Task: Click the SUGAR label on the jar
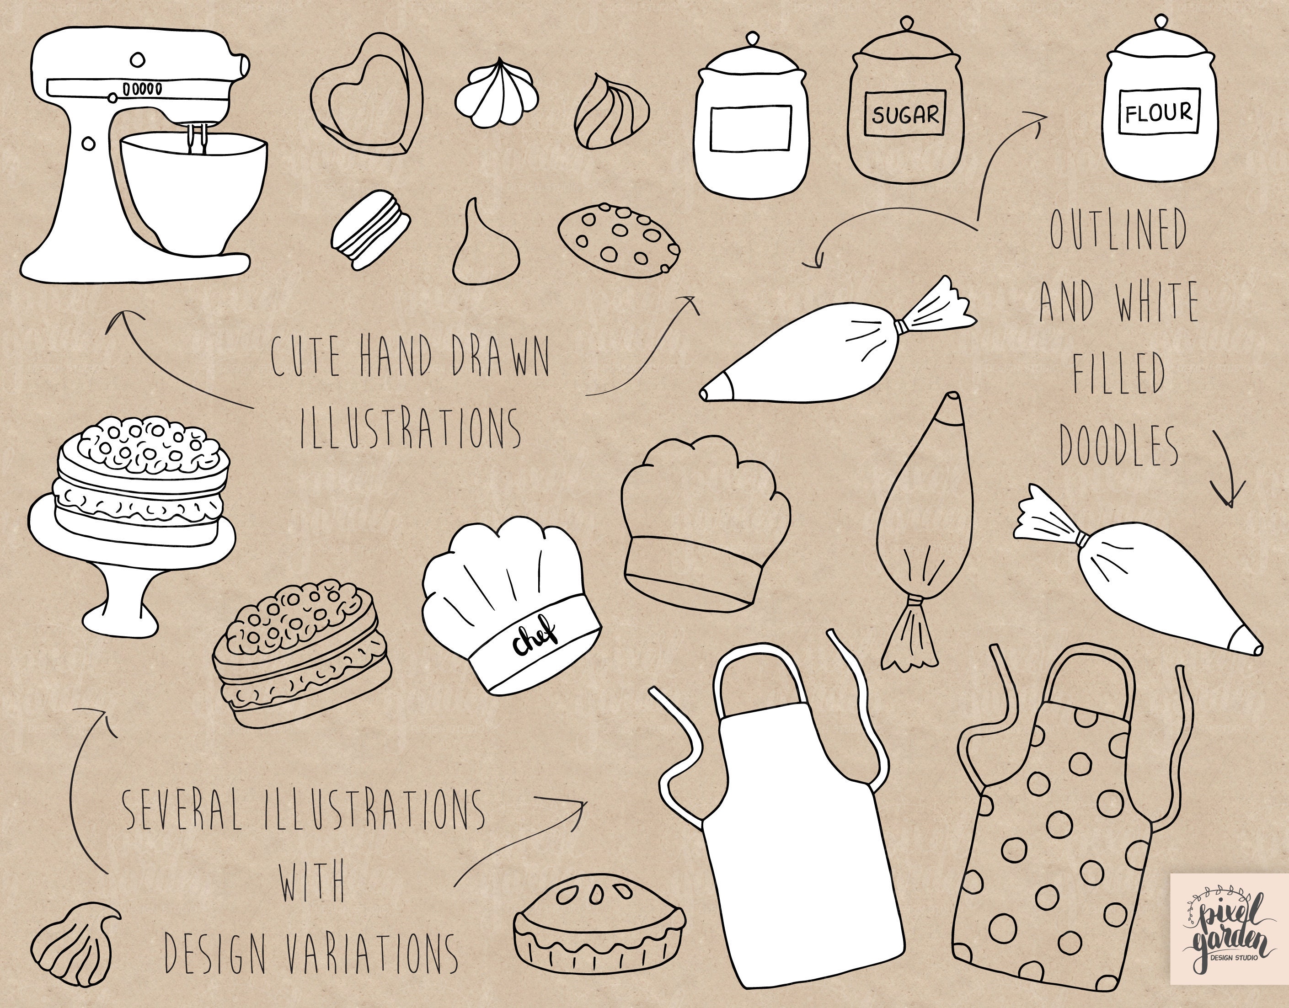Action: click(x=905, y=114)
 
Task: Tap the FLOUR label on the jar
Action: click(x=1159, y=112)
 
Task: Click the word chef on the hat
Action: click(x=535, y=639)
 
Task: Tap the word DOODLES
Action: click(x=1119, y=446)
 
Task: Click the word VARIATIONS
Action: click(x=371, y=953)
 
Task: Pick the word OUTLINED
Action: click(x=1118, y=229)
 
